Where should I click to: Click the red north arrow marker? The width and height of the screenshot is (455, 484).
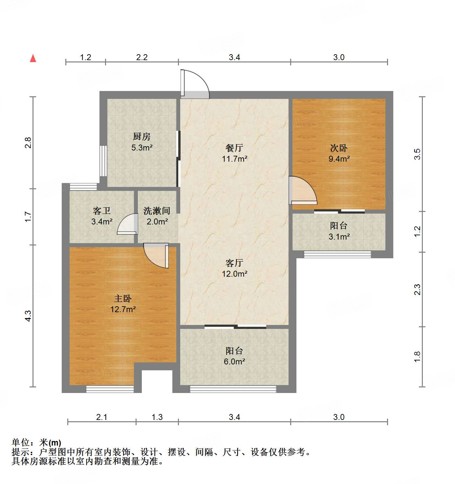point(33,58)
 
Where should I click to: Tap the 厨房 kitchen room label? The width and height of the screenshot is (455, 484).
point(142,136)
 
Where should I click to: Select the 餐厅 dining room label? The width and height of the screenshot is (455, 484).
point(234,148)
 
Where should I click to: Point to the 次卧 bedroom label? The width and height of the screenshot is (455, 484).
point(339,148)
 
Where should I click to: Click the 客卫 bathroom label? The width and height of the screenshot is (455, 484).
point(102,211)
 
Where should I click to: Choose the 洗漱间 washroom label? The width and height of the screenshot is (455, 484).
point(157,211)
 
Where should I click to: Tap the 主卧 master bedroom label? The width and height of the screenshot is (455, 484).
point(123,298)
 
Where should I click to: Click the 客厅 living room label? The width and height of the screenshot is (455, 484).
point(234,263)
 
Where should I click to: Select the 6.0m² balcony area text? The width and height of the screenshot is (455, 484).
point(234,362)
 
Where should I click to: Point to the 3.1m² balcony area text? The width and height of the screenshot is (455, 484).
point(339,237)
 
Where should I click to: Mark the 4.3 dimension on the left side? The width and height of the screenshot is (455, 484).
point(28,316)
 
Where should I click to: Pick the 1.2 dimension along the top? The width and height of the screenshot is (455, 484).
point(85,57)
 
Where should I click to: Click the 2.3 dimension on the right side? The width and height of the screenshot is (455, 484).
point(417,289)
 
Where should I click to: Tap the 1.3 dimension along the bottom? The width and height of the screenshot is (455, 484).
point(157,417)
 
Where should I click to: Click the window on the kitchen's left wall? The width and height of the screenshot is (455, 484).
point(103,161)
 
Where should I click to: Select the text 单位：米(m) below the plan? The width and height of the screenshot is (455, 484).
point(36,443)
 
